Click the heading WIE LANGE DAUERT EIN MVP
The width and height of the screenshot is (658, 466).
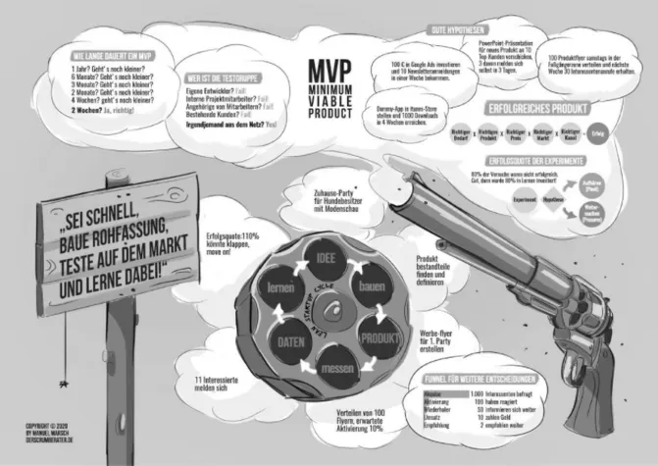tap(105, 58)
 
